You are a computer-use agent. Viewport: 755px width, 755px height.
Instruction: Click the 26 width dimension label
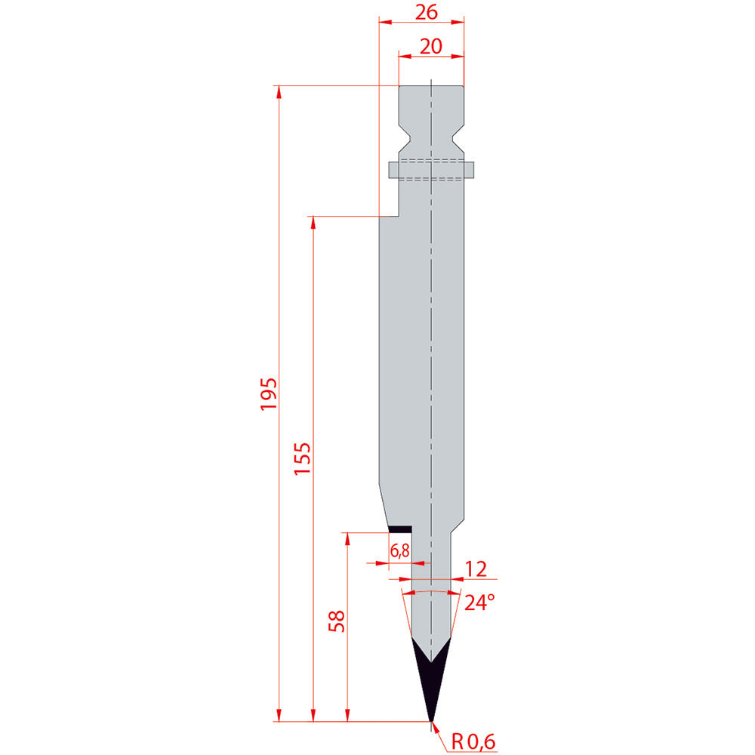coord(427,12)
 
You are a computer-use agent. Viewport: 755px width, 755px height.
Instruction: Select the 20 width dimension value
coord(431,47)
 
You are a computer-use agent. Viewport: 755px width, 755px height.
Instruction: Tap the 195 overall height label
coord(269,394)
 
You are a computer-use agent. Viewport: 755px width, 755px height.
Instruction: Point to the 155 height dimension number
coord(303,458)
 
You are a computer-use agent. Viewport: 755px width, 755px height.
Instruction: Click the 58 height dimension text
coord(337,621)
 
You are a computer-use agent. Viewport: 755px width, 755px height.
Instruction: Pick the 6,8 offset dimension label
coord(399,550)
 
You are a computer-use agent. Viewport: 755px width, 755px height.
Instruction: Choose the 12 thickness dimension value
coord(476,569)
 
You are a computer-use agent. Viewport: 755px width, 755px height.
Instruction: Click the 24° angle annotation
coord(479,602)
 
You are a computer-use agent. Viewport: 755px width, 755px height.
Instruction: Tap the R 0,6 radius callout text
coord(473,741)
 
